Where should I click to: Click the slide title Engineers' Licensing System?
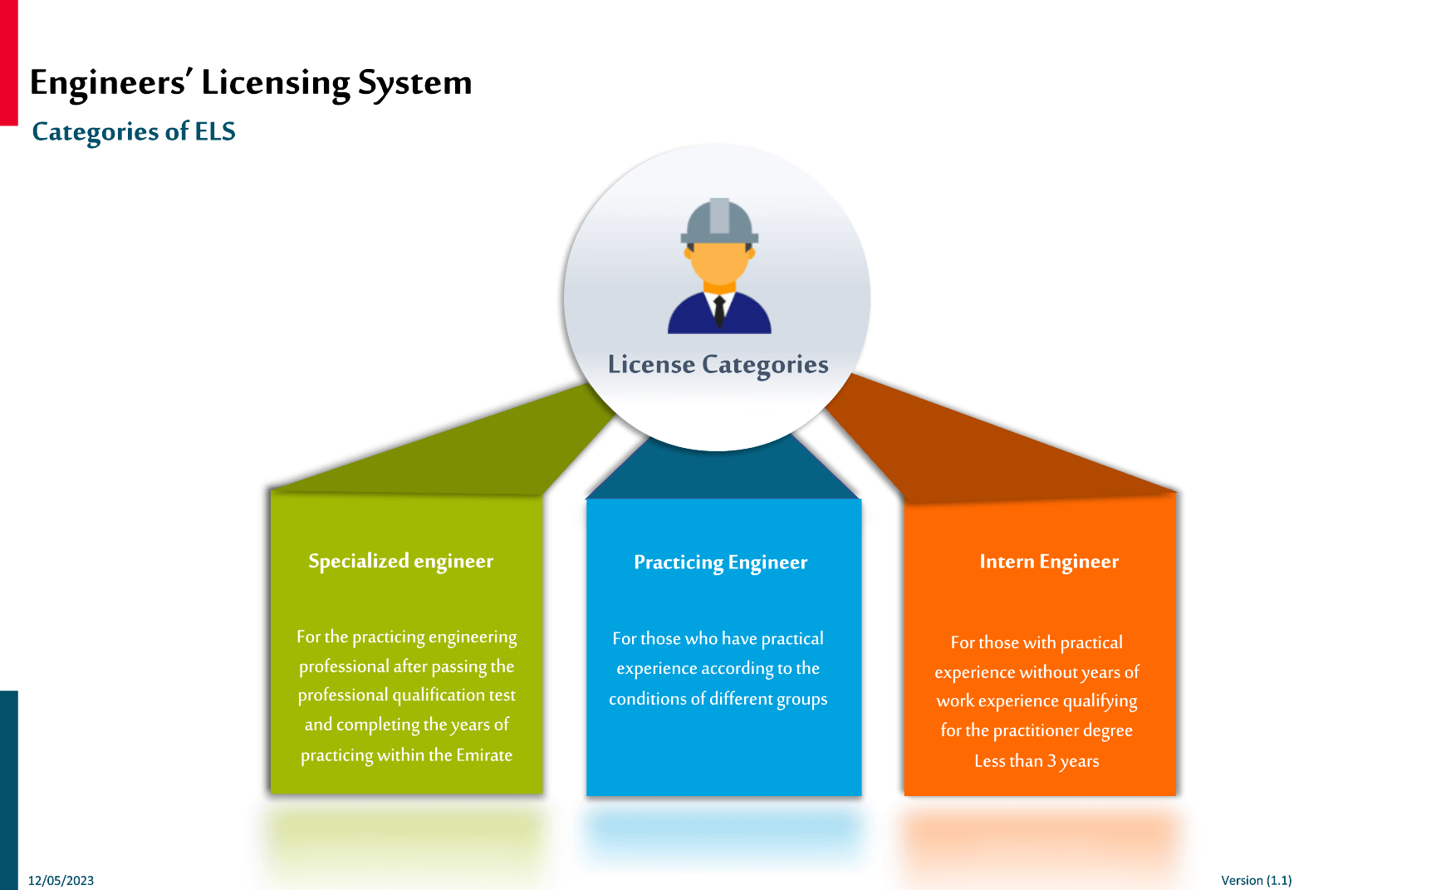coord(250,83)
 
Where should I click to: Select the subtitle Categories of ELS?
coord(133,131)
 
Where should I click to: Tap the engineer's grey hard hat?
coord(719,221)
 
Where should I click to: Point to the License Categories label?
coord(718,365)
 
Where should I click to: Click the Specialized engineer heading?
coord(400,562)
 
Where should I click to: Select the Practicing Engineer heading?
coord(720,563)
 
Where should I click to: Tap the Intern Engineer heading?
coord(1048,562)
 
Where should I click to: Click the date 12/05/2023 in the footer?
coord(61,880)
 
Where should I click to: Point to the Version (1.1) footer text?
coord(1256,880)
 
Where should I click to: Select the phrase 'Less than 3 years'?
coord(1036,761)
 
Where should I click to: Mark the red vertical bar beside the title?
coord(8,62)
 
